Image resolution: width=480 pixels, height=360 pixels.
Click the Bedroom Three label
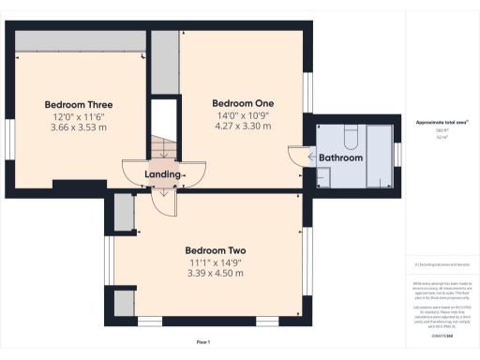pos(79,103)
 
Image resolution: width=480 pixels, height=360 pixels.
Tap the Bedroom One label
pos(243,102)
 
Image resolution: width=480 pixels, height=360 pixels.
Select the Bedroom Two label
pos(215,250)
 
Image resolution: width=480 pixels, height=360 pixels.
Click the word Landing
pos(162,174)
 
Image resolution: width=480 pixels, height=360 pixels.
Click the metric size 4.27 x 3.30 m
pos(243,125)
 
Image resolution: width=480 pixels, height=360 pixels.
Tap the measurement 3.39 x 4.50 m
pos(215,273)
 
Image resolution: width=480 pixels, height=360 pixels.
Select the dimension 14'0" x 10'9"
pos(243,113)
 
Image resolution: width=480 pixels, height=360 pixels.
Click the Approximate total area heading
pos(435,123)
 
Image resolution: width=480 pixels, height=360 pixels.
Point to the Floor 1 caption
pos(203,342)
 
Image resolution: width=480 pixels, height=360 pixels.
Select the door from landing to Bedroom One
pos(194,172)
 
